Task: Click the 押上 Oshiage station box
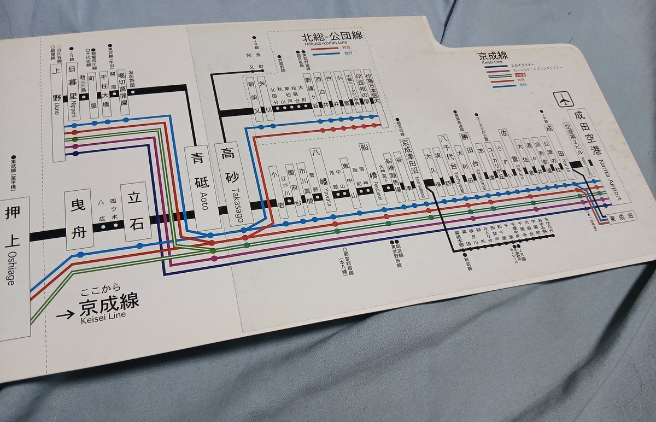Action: [13, 268]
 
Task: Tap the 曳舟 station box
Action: [76, 218]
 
